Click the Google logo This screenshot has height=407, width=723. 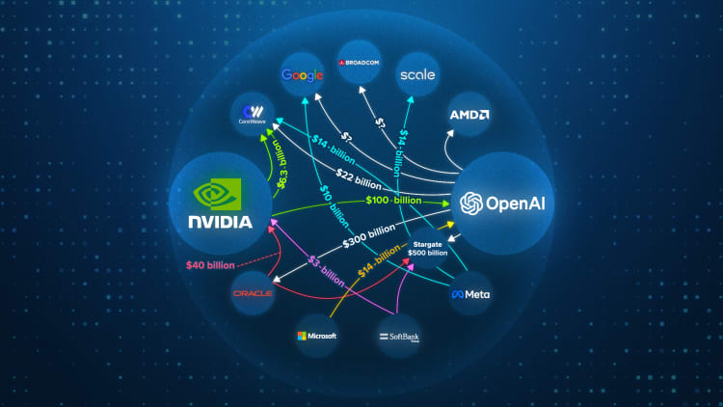[302, 75]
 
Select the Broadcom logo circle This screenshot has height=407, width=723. [361, 64]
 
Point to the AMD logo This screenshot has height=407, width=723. [469, 116]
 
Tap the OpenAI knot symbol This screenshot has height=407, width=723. [471, 204]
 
